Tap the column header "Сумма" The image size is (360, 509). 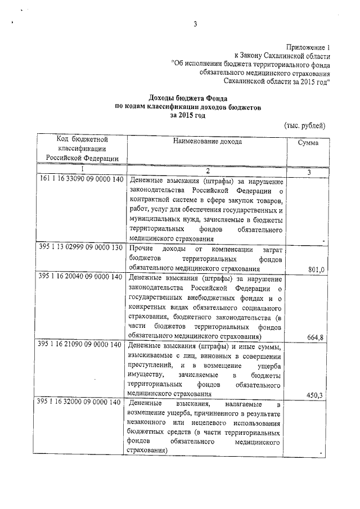coord(308,143)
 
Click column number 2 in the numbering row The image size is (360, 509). coord(207,170)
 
